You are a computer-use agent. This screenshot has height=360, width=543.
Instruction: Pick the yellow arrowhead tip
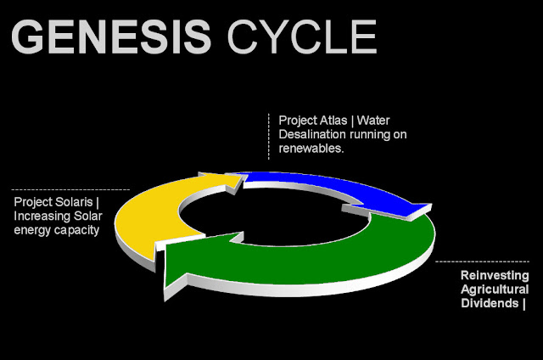point(240,177)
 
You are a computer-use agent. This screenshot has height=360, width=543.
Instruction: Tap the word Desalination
point(313,134)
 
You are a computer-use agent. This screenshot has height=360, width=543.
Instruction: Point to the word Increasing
point(43,216)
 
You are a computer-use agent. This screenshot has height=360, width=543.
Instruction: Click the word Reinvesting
point(495,276)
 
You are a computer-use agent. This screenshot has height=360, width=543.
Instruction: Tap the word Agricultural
point(495,290)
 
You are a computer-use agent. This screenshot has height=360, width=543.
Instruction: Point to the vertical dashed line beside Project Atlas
point(268,136)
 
